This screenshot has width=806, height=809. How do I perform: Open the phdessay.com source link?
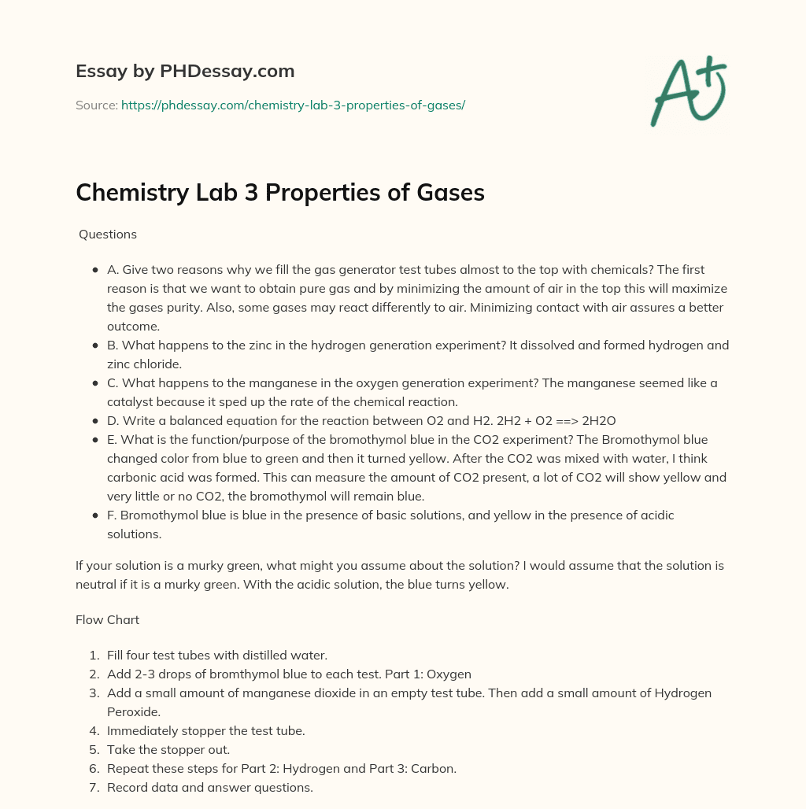pyautogui.click(x=293, y=105)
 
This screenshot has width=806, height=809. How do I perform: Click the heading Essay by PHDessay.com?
pyautogui.click(x=185, y=72)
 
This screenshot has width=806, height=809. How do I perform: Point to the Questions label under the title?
pyautogui.click(x=108, y=234)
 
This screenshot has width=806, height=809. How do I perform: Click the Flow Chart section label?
pyautogui.click(x=107, y=619)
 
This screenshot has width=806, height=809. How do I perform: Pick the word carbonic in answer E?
pyautogui.click(x=131, y=477)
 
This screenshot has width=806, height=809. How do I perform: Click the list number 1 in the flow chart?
pyautogui.click(x=94, y=655)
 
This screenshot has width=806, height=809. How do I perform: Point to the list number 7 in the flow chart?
pyautogui.click(x=94, y=787)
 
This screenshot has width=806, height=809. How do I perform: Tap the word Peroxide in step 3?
pyautogui.click(x=133, y=711)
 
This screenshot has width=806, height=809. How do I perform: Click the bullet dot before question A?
pyautogui.click(x=95, y=269)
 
